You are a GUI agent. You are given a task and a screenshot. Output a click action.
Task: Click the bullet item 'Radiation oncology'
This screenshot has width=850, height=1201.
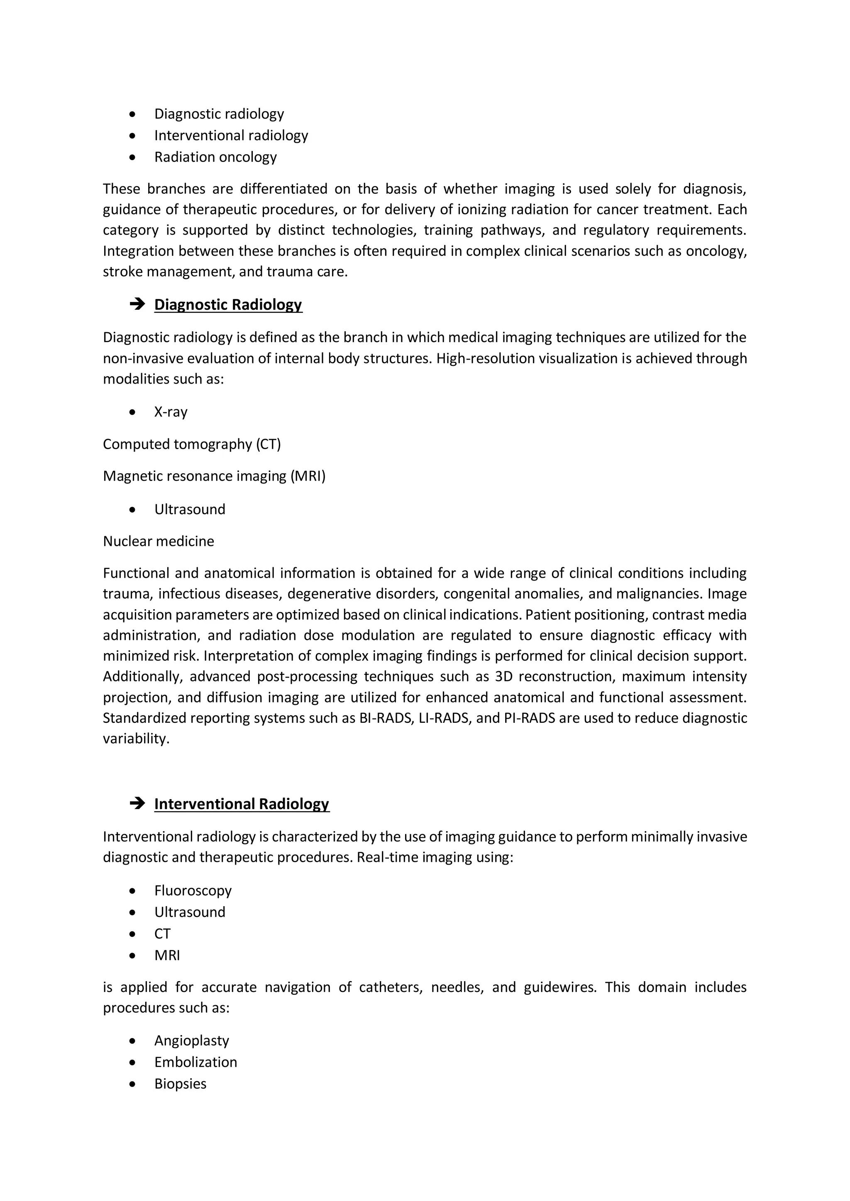(215, 157)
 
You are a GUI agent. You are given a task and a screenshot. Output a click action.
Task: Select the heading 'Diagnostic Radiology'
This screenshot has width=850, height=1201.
(228, 304)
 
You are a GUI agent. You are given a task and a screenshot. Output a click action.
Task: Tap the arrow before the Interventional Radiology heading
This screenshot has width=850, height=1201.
(137, 803)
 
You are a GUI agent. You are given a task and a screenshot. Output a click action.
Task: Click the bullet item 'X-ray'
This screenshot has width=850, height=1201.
(171, 412)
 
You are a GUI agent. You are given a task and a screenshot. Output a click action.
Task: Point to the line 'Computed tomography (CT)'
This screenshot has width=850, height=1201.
(192, 444)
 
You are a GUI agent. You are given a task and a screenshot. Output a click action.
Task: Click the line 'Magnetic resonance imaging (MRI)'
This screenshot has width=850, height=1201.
(214, 476)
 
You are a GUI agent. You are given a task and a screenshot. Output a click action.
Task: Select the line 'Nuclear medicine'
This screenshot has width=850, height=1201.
(158, 541)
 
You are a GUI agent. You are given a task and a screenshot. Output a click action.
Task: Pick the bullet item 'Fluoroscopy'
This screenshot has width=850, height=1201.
(193, 890)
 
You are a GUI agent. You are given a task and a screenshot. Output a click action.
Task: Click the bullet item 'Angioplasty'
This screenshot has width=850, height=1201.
(192, 1041)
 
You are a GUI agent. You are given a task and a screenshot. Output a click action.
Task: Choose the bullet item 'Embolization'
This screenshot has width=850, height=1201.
(195, 1062)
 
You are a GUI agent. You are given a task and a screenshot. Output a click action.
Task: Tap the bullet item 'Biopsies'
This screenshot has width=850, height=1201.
(180, 1083)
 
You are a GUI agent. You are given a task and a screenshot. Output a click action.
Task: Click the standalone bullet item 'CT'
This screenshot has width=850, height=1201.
(162, 934)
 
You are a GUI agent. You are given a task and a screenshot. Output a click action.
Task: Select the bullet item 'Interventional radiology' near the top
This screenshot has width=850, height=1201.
(231, 136)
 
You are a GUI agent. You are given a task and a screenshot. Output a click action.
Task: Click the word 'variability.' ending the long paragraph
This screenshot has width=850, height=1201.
(136, 739)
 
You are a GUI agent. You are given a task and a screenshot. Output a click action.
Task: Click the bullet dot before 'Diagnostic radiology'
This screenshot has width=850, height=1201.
(132, 114)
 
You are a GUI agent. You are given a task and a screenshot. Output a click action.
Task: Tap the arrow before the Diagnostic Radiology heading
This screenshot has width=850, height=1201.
(137, 304)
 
